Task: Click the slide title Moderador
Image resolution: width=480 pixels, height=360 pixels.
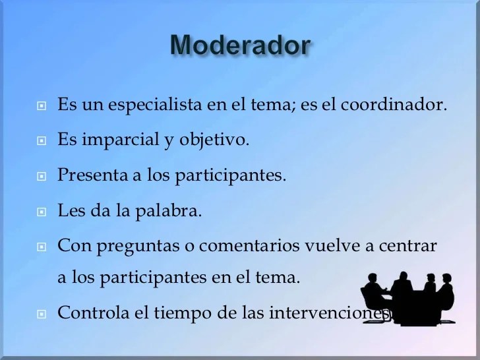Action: [x=241, y=45]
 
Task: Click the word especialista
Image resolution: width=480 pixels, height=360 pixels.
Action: [x=155, y=105]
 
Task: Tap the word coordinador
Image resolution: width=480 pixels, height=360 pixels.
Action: [x=394, y=104]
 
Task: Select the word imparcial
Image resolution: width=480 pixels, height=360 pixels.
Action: [x=121, y=140]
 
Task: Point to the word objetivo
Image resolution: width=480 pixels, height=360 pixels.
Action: [x=214, y=140]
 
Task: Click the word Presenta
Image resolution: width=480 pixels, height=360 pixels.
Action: [x=93, y=175]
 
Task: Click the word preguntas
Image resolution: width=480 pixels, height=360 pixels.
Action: [x=138, y=247]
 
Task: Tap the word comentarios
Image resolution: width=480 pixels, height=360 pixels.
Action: [x=249, y=245]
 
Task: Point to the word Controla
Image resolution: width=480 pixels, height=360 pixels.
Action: [x=94, y=313]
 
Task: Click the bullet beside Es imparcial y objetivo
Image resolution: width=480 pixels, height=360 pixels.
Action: [x=42, y=141]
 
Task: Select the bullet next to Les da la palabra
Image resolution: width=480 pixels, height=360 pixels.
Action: [x=42, y=212]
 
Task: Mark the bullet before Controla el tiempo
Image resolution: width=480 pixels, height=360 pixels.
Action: [x=42, y=314]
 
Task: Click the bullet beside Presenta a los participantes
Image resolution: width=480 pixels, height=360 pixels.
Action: [x=42, y=176]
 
